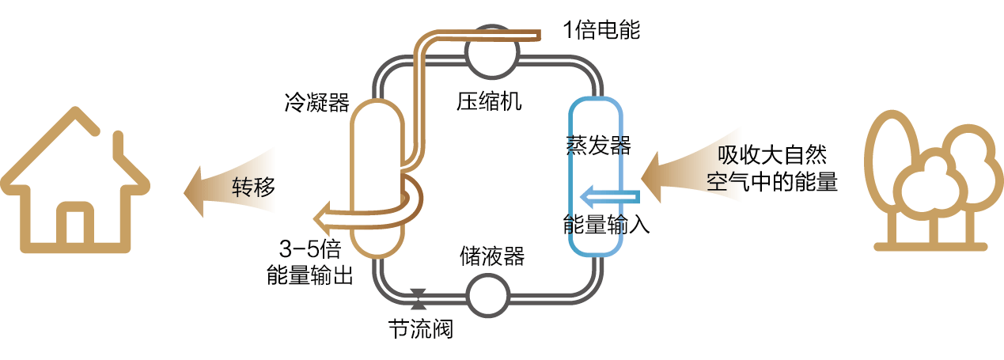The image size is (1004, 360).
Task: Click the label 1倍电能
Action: pyautogui.click(x=601, y=30)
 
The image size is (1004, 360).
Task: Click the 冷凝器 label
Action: pyautogui.click(x=316, y=103)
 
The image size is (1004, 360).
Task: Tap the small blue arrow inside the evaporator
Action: pyautogui.click(x=609, y=195)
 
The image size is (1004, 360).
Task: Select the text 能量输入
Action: pyautogui.click(x=606, y=224)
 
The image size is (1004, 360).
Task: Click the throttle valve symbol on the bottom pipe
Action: pyautogui.click(x=419, y=298)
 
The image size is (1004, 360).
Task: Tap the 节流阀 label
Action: pyautogui.click(x=420, y=328)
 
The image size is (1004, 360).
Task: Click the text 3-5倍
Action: pyautogui.click(x=309, y=250)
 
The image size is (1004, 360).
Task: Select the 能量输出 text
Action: pyautogui.click(x=309, y=275)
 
